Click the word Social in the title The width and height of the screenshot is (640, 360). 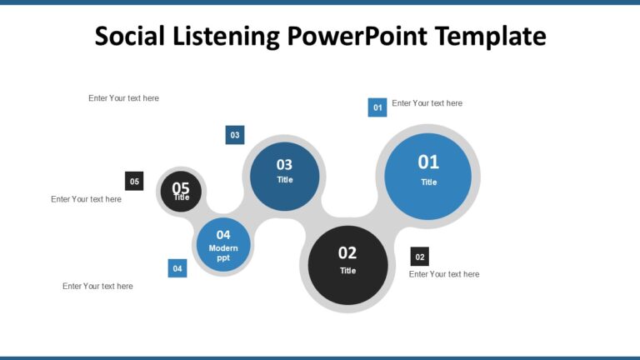[132, 36]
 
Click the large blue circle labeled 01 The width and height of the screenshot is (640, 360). [428, 176]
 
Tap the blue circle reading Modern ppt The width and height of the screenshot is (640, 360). [223, 245]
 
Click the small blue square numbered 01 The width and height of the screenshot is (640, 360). [377, 107]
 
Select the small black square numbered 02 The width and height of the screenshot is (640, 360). [420, 257]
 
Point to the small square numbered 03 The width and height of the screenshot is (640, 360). [235, 135]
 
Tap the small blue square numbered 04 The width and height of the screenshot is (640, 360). [177, 268]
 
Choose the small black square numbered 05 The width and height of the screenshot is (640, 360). [134, 181]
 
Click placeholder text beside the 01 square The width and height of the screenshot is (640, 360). [427, 103]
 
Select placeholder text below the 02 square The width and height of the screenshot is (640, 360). [444, 274]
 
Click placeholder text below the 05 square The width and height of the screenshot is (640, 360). [86, 199]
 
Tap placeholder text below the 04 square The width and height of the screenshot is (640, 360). [97, 286]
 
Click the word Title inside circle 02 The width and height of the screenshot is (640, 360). [347, 271]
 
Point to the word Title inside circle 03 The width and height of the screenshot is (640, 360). [285, 180]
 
